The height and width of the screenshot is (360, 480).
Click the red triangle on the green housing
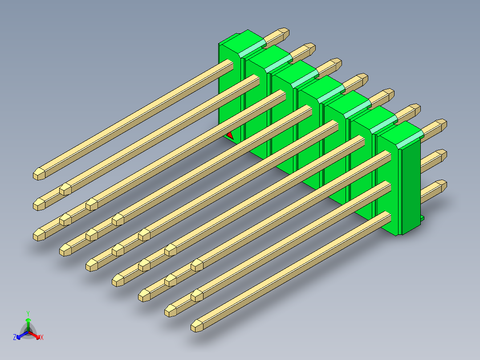coord(230,136)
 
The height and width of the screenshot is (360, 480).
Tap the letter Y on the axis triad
coord(28,313)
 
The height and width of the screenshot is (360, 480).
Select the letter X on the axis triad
coord(42,337)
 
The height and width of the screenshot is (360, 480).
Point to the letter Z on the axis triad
coord(15,337)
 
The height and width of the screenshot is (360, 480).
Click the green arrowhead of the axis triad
coord(28,320)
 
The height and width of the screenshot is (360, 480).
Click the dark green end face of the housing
coord(411,187)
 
